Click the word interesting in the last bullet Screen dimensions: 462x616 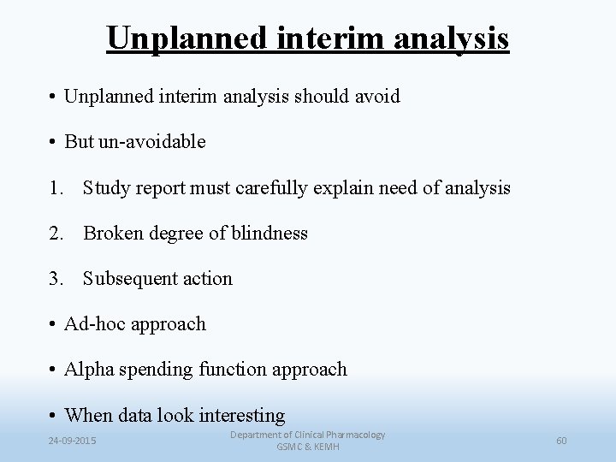point(241,416)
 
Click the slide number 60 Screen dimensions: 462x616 point(561,441)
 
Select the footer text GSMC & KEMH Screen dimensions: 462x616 point(308,447)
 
